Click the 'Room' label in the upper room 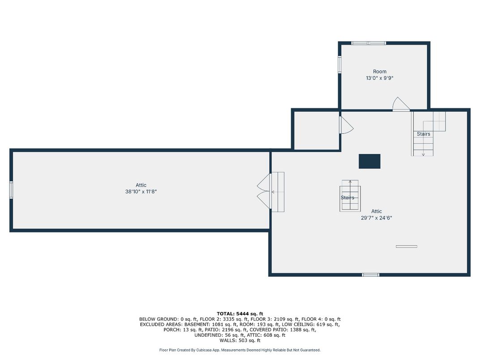click(380, 71)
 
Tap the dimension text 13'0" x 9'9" click(380, 78)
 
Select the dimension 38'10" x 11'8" click(141, 192)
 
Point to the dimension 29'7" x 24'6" click(377, 218)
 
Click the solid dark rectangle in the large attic click(369, 161)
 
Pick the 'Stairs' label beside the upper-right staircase click(424, 134)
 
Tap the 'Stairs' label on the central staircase click(347, 197)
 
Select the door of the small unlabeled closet click(347, 125)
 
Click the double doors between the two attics click(264, 191)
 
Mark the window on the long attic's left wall click(11, 190)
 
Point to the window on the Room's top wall click(368, 43)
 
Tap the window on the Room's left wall click(339, 64)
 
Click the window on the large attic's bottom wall click(370, 275)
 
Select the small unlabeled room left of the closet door click(317, 131)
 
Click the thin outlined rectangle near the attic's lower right click(407, 246)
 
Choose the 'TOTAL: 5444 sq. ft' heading click(240, 313)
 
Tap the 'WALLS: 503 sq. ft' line click(240, 340)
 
